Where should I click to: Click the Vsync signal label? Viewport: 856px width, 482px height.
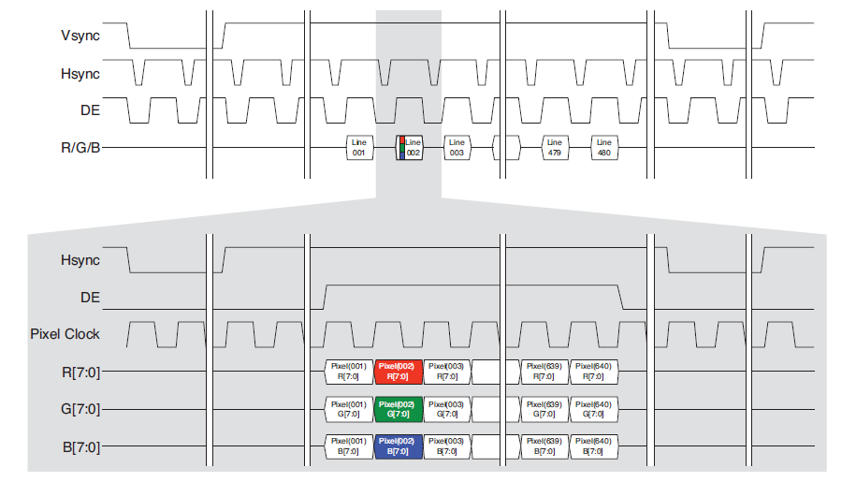80,37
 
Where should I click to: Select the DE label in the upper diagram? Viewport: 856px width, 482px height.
90,110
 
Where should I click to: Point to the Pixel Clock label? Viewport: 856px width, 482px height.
65,334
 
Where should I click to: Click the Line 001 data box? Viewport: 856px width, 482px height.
358,147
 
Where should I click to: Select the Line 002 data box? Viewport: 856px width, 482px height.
409,147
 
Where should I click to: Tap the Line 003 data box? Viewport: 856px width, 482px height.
457,147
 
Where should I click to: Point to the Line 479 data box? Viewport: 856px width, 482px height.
554,147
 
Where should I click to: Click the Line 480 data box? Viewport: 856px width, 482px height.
603,147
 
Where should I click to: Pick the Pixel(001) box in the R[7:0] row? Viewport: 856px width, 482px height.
349,372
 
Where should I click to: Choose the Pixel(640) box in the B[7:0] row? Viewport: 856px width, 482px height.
593,446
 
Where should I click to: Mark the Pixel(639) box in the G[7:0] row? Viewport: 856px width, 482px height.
544,409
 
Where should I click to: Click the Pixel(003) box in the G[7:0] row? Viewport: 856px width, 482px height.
447,409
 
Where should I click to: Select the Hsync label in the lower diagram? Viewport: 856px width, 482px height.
80,260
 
